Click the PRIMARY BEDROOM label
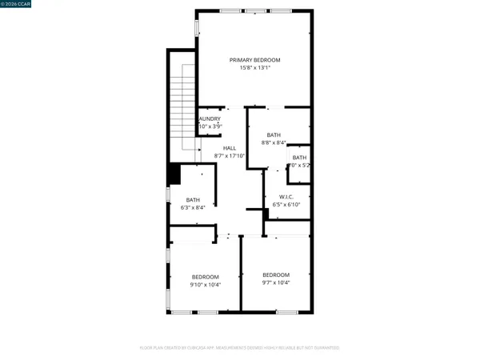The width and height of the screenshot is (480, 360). click(x=255, y=60)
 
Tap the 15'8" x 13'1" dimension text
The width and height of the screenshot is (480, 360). click(x=255, y=68)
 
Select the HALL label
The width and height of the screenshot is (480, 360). click(x=230, y=148)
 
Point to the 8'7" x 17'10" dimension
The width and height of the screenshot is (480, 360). click(x=230, y=156)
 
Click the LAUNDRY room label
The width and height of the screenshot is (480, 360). click(x=210, y=119)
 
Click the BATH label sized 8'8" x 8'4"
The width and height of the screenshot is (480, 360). click(x=274, y=134)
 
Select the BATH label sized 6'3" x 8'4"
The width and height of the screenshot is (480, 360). click(x=193, y=199)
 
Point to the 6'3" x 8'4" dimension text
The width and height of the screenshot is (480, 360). click(x=193, y=207)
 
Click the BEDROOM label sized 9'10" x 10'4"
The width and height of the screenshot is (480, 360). click(x=205, y=277)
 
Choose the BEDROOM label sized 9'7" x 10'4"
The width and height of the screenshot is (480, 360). click(x=276, y=274)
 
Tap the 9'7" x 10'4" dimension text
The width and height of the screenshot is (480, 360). click(x=276, y=282)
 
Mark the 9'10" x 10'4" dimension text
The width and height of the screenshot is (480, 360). click(x=205, y=285)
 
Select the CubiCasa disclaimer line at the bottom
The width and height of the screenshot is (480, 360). click(x=240, y=348)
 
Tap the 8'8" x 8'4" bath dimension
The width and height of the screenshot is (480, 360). click(x=274, y=142)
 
